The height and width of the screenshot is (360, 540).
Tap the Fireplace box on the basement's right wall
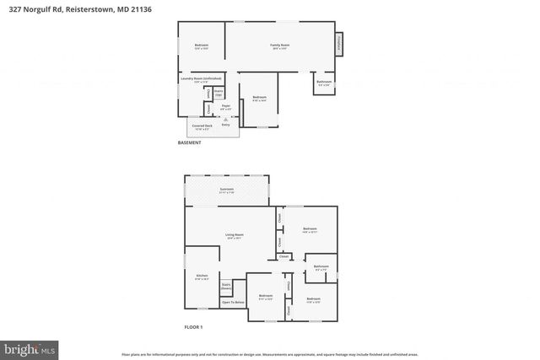coord(340,45)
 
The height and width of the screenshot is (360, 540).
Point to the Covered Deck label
coord(202,127)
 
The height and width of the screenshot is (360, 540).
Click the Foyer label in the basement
coord(225,106)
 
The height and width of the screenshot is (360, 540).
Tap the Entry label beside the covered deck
coord(226,123)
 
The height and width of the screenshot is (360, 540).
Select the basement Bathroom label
coord(324,83)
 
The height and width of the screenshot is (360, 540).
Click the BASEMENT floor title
coord(189,142)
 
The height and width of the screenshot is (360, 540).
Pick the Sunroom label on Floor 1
coord(226,191)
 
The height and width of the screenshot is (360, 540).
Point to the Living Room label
coord(234,235)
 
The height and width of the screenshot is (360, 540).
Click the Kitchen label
coord(202,277)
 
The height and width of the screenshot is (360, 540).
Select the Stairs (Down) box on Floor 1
coord(226,287)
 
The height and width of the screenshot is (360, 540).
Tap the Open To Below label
coord(233,302)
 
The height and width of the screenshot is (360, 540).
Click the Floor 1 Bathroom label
coord(321,267)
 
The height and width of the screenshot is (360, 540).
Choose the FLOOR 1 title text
coord(194,326)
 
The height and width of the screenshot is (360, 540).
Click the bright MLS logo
coord(30,347)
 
